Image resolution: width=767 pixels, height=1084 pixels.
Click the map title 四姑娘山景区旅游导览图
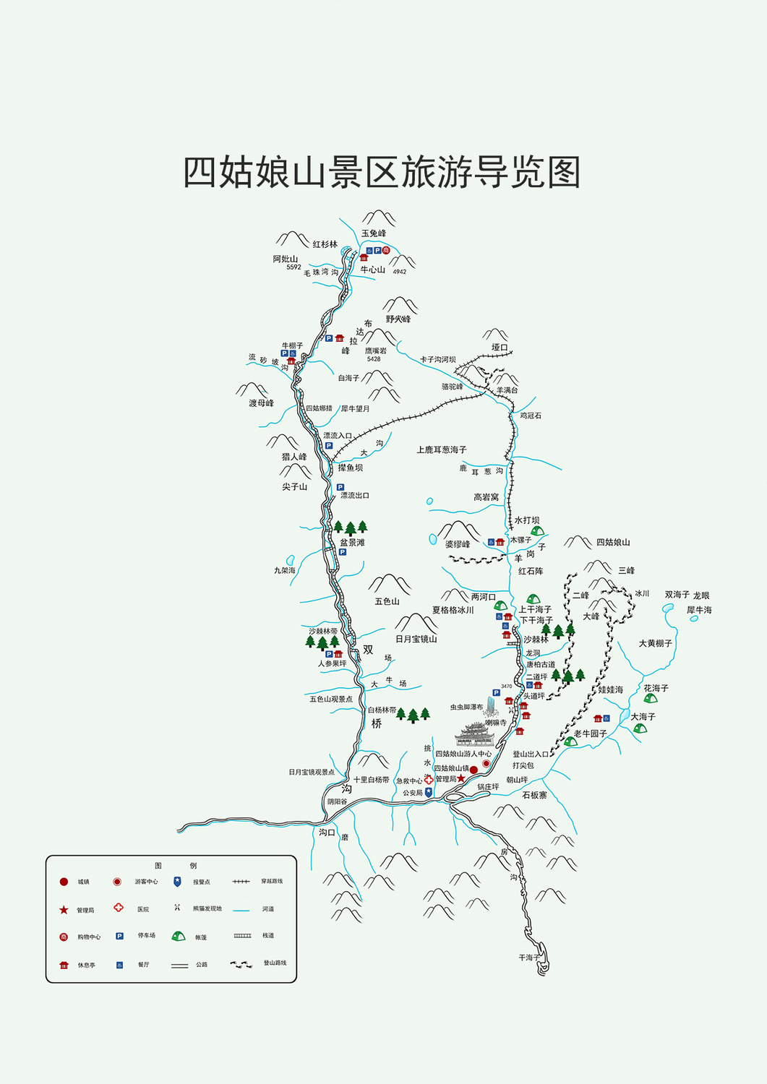382,172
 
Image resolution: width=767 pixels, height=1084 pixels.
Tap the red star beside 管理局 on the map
461,778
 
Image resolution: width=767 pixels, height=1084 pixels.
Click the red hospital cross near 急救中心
429,780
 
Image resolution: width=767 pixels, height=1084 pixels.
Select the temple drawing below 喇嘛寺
474,734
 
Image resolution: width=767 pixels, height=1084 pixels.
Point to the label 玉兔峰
374,233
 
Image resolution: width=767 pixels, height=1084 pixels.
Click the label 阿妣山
286,259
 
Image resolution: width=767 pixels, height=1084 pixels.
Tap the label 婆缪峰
458,544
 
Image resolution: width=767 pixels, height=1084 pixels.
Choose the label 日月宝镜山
416,639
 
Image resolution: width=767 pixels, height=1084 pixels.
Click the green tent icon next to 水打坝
537,530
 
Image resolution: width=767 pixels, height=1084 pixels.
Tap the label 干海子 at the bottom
529,958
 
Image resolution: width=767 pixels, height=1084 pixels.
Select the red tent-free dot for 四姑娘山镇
474,770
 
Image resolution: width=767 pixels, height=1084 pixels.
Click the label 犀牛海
699,610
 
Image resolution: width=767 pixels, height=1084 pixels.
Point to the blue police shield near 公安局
429,792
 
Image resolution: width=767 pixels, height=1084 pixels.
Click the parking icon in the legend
119,936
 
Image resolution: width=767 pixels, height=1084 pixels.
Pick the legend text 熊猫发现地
207,908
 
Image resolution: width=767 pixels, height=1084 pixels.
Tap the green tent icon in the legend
178,936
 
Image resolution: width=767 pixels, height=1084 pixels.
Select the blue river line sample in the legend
241,909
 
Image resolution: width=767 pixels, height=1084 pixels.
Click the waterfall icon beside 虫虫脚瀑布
492,705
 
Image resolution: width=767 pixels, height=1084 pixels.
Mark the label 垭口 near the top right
500,348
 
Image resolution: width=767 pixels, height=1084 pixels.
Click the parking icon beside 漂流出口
340,488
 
